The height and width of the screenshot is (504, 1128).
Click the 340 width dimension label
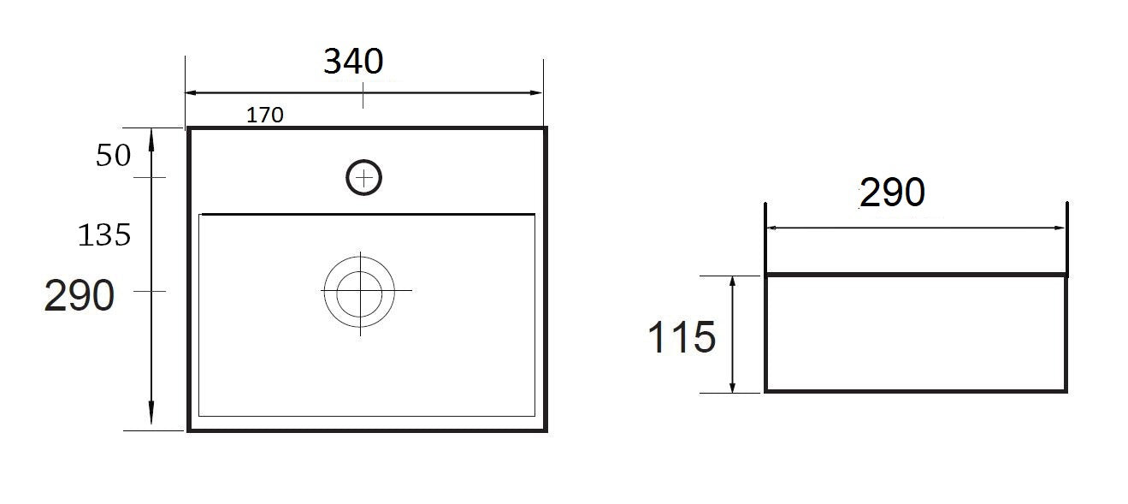point(353,62)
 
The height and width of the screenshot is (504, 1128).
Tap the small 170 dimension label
point(265,115)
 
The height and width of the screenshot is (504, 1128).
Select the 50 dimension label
point(113,155)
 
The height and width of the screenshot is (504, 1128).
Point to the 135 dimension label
point(104,234)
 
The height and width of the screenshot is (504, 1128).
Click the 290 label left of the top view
point(79,295)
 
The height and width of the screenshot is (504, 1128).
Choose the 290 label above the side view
point(892,192)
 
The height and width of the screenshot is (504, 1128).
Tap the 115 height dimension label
point(682,336)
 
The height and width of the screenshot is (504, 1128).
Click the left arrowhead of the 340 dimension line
point(191,92)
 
